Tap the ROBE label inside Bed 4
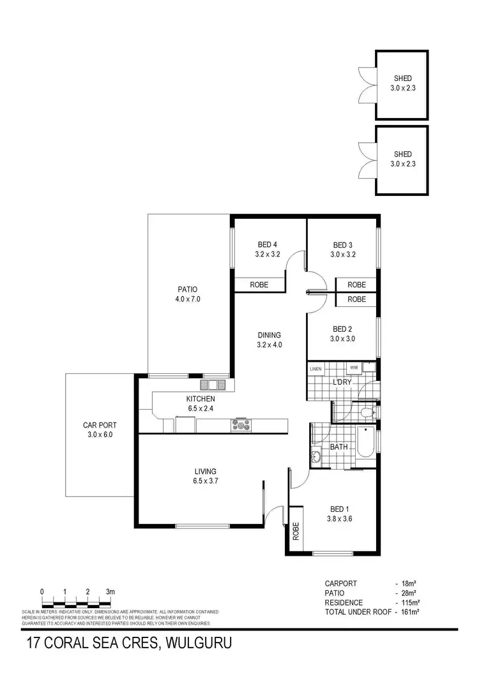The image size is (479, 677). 259,285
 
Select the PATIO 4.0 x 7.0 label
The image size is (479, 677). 188,294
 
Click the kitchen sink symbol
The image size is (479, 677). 213,385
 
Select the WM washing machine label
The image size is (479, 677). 353,368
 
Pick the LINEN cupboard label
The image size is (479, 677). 316,369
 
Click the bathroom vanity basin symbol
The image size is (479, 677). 317,456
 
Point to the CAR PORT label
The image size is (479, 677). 100,429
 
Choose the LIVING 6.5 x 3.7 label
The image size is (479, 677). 206,477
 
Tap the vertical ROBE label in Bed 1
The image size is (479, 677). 296,531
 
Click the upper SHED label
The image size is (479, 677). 402,84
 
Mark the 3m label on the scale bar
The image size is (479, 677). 110,592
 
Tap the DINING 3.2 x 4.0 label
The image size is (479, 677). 269,339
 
